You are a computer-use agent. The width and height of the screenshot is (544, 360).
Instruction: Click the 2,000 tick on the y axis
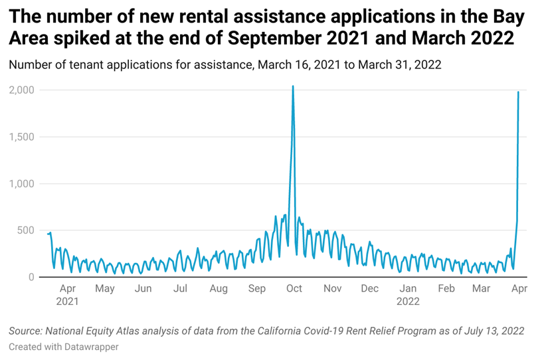[x=22, y=90]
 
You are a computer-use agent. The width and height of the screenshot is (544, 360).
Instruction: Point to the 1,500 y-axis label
[x=22, y=137]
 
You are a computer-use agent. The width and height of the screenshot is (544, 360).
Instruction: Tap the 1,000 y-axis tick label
[x=22, y=184]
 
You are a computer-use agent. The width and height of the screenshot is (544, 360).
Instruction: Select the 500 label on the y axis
[x=27, y=230]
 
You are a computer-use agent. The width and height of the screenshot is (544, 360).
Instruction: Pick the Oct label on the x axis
[x=294, y=288]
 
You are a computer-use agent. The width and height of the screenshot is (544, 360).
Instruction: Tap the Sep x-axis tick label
[x=257, y=288]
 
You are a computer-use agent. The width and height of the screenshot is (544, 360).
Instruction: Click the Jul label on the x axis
[x=180, y=288]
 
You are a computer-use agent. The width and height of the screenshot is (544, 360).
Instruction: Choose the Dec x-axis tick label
[x=370, y=288]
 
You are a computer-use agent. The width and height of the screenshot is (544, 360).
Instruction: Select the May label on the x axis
[x=104, y=288]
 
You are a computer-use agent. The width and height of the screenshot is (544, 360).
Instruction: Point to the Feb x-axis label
[x=446, y=288]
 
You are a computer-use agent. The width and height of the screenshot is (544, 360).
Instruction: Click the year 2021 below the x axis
[x=68, y=302]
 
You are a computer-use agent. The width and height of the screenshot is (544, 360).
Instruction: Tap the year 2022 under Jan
[x=408, y=302]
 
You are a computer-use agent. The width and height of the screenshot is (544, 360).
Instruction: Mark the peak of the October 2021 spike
[x=293, y=86]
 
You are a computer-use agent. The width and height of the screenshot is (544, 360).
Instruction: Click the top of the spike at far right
[x=518, y=92]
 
